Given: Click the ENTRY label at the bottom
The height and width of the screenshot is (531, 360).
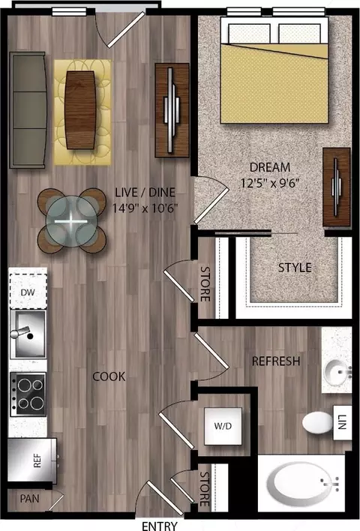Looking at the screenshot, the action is point(159,526).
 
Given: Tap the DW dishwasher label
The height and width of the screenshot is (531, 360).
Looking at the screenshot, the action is point(28,292).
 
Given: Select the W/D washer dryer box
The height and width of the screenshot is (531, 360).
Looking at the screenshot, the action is point(223,426).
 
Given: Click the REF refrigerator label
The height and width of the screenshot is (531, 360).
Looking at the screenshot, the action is point(37,460).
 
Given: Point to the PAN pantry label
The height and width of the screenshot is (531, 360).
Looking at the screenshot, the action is point(29,499).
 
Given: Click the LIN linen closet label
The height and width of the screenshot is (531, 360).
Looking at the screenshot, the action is point(342,422).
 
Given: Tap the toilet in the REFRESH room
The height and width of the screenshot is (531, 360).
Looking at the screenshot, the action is point(318,422).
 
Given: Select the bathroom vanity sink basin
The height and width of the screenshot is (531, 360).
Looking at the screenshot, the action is point(336,373).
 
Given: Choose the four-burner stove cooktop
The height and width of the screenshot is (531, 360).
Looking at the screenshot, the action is point(28,394).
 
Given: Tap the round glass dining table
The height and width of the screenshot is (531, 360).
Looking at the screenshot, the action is point(71,221).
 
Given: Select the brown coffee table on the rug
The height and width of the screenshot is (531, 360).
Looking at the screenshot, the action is point(80,110).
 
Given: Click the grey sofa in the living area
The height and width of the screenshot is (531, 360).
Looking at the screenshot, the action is point(28,110).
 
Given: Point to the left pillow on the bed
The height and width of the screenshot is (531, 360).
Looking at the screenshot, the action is point(250,33).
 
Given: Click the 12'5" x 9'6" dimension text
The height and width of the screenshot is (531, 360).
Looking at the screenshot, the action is point(270,183).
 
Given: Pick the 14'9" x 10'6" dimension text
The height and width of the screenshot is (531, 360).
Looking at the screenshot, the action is point(145,208).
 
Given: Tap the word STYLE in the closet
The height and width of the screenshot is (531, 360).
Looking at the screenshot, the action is point(295,268).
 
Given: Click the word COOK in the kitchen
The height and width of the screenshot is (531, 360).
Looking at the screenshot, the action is point(109,376).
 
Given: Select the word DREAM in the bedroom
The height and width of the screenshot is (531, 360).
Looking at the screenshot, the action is point(270,167).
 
